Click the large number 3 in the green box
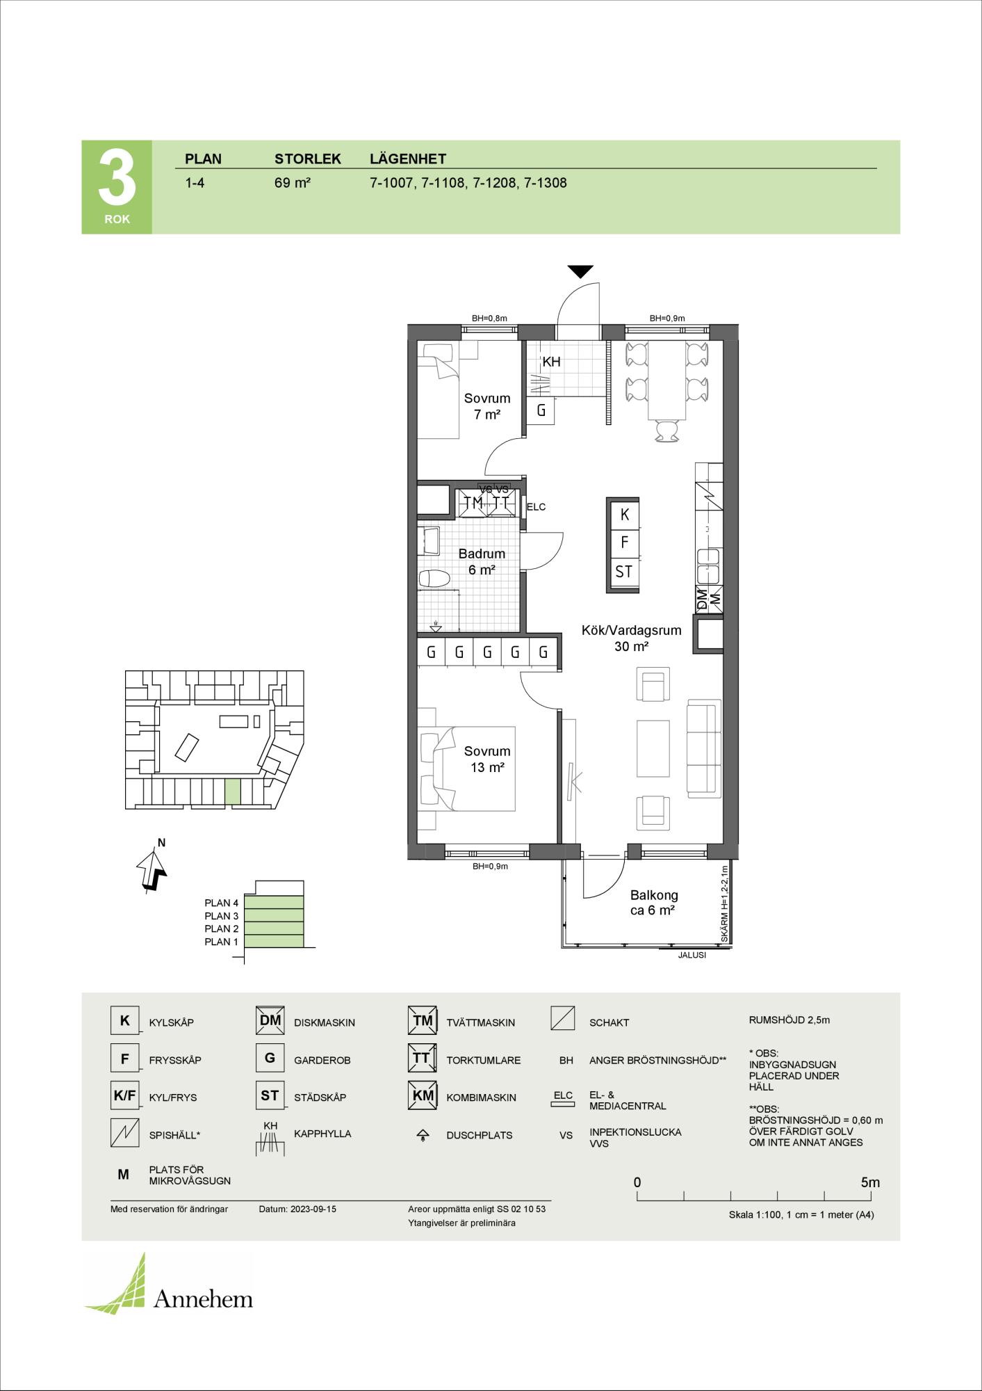[x=117, y=177]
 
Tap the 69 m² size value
[x=292, y=184]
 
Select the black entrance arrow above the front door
[x=580, y=271]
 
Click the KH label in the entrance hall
[x=551, y=362]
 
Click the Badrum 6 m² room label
[x=482, y=562]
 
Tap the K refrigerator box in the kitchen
[x=624, y=515]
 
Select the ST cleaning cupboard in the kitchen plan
[x=624, y=572]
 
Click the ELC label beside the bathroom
[x=536, y=507]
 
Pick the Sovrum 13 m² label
[x=487, y=759]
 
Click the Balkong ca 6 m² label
[x=654, y=903]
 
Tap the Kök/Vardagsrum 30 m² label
[x=631, y=638]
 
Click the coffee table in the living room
[x=653, y=748]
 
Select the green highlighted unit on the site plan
[x=233, y=791]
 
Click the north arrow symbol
[x=151, y=869]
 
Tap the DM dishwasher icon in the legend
[x=270, y=1020]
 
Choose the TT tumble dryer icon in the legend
[x=422, y=1058]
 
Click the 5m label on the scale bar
[x=870, y=1182]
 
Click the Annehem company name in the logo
[x=203, y=1298]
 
